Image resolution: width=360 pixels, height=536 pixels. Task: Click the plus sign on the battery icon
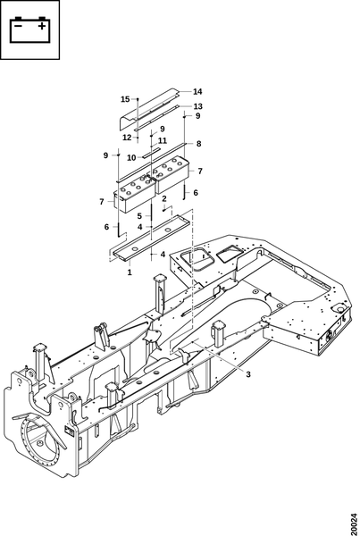(x=41, y=26)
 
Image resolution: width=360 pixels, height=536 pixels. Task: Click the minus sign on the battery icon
(x=19, y=26)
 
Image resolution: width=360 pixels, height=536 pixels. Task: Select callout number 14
(x=197, y=92)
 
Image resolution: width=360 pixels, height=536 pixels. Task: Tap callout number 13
(x=198, y=106)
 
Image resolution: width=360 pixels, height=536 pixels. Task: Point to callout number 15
(x=125, y=99)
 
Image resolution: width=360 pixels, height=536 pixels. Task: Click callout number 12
(x=127, y=138)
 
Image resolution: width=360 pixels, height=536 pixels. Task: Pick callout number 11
(x=163, y=140)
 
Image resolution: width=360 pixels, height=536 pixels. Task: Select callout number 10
(x=131, y=157)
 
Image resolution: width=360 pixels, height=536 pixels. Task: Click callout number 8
(x=199, y=144)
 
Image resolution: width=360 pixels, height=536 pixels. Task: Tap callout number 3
(x=248, y=374)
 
